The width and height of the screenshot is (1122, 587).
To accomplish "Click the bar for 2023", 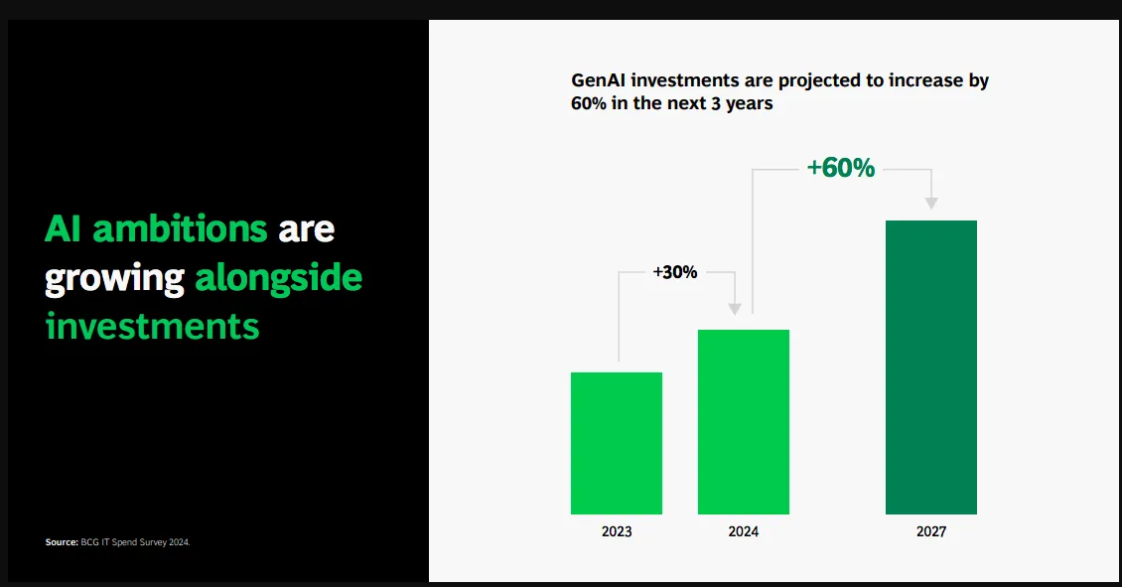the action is point(616,443).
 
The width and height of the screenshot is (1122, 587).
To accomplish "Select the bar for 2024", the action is point(744,422).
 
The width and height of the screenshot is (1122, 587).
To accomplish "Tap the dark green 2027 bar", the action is point(931,367).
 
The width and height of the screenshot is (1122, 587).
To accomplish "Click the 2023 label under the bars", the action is point(617,531).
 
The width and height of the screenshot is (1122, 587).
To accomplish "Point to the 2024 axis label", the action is point(744,531).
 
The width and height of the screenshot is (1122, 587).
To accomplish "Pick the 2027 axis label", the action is point(931,531).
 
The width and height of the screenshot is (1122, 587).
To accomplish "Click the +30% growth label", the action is point(675,272).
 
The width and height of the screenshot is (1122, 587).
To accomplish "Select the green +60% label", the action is point(841,168).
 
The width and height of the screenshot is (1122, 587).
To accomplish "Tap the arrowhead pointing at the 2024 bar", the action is point(734,309).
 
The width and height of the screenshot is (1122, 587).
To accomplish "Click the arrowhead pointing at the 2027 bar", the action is point(931,204).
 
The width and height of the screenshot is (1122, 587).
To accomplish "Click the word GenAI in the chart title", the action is point(598,80).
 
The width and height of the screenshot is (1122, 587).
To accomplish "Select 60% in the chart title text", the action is point(588,103).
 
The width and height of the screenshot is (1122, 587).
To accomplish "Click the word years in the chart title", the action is point(750,104).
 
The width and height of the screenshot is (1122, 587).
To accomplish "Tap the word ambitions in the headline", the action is point(180,228).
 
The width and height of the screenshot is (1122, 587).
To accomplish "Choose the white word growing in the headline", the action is point(114,279).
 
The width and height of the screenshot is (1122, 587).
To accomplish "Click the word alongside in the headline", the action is point(278,278).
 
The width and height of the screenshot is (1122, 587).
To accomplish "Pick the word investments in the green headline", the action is point(153,327).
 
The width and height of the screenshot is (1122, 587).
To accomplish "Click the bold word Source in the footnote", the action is point(62,542).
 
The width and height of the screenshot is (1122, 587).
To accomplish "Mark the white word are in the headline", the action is point(306,230).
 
